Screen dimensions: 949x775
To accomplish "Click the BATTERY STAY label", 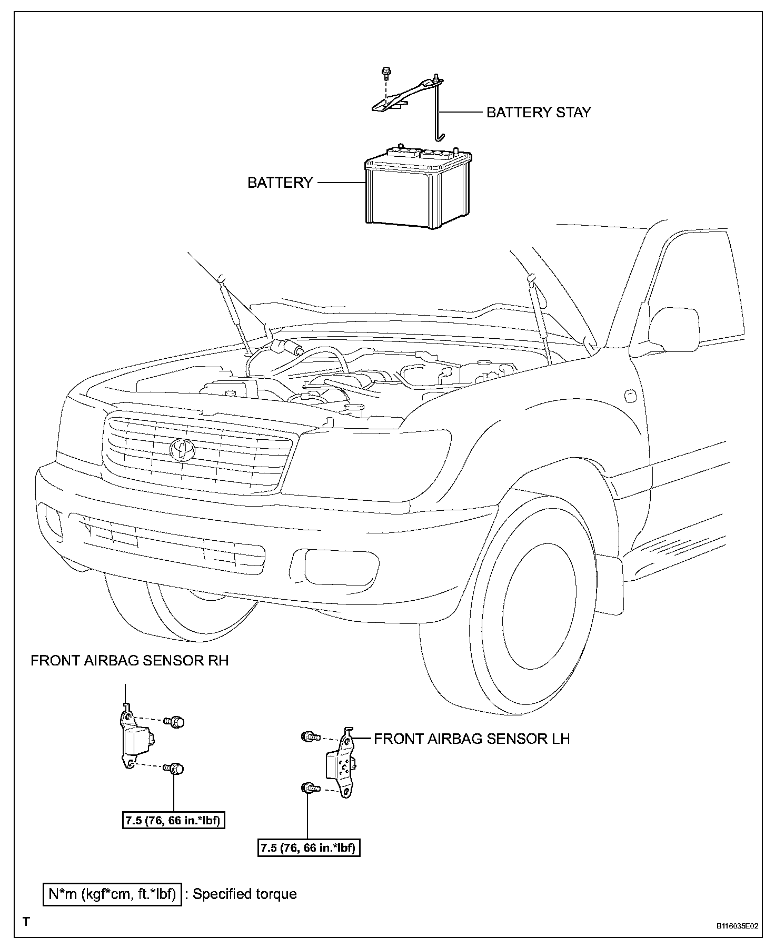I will pos(538,112).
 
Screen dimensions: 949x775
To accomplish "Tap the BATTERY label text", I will pos(280,183).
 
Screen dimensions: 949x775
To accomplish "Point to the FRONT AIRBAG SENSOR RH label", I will pos(130,661).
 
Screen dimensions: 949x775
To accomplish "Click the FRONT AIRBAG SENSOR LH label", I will pos(472,739).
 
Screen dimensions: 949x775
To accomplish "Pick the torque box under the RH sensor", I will pos(173,820).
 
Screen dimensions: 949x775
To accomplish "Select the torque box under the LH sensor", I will pos(309,848).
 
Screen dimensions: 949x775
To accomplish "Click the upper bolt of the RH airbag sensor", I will pos(176,721).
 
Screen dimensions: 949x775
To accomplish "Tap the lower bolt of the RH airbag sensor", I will pos(176,770).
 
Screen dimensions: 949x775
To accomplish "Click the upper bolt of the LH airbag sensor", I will pos(309,737).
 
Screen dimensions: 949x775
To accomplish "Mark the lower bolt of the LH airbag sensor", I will pos(309,788).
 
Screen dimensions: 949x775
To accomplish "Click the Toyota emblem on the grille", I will pos(182,450).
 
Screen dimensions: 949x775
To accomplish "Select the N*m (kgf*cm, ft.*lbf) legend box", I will pos(112,894).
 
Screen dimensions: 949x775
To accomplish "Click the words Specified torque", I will pos(244,894).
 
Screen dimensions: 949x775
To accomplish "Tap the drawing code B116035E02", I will pos(737,926).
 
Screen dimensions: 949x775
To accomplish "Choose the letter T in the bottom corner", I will pos(26,922).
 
